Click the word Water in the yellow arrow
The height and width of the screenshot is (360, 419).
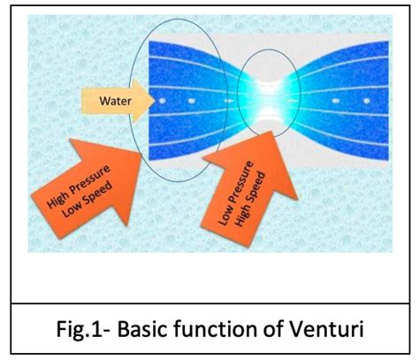(115, 101)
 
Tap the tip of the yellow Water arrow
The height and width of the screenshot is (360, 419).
(155, 101)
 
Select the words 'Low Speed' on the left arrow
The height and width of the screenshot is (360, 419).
(88, 199)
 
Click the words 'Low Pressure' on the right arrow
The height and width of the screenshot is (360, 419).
(236, 193)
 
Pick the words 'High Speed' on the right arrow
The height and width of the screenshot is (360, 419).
(250, 199)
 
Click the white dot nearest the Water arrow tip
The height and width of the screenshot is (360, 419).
(162, 101)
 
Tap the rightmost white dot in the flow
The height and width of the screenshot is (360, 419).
(367, 101)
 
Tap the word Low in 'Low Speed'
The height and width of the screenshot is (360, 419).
(70, 210)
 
